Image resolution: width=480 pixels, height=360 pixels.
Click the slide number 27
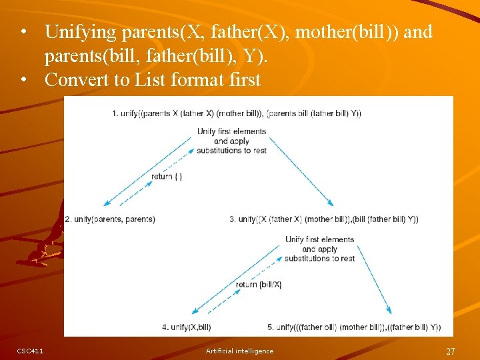(451, 351)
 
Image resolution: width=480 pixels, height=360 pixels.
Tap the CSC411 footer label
(30, 351)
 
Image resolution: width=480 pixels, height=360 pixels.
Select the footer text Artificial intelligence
(239, 351)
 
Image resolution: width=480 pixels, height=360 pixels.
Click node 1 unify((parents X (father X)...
(237, 113)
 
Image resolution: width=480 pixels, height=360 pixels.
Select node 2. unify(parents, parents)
(110, 219)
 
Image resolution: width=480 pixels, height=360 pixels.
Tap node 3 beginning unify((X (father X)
(324, 219)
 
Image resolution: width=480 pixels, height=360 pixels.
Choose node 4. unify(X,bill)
(187, 327)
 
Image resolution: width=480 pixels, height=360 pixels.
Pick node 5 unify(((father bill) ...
(354, 327)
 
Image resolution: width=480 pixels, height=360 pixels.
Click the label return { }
(167, 177)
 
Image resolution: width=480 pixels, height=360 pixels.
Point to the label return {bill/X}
(259, 285)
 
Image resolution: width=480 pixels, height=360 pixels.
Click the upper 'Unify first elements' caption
(231, 141)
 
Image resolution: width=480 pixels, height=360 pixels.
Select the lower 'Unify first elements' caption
(319, 249)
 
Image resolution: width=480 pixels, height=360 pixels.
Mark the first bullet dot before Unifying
(24, 32)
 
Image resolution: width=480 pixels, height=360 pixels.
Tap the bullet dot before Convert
(24, 80)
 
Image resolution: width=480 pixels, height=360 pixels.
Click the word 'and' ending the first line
(418, 31)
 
